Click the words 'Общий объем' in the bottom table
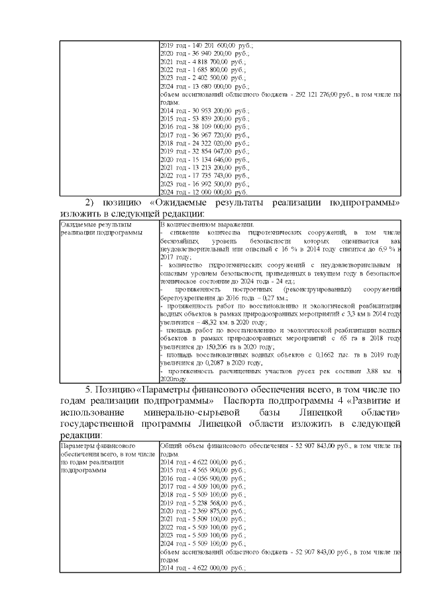180,446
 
